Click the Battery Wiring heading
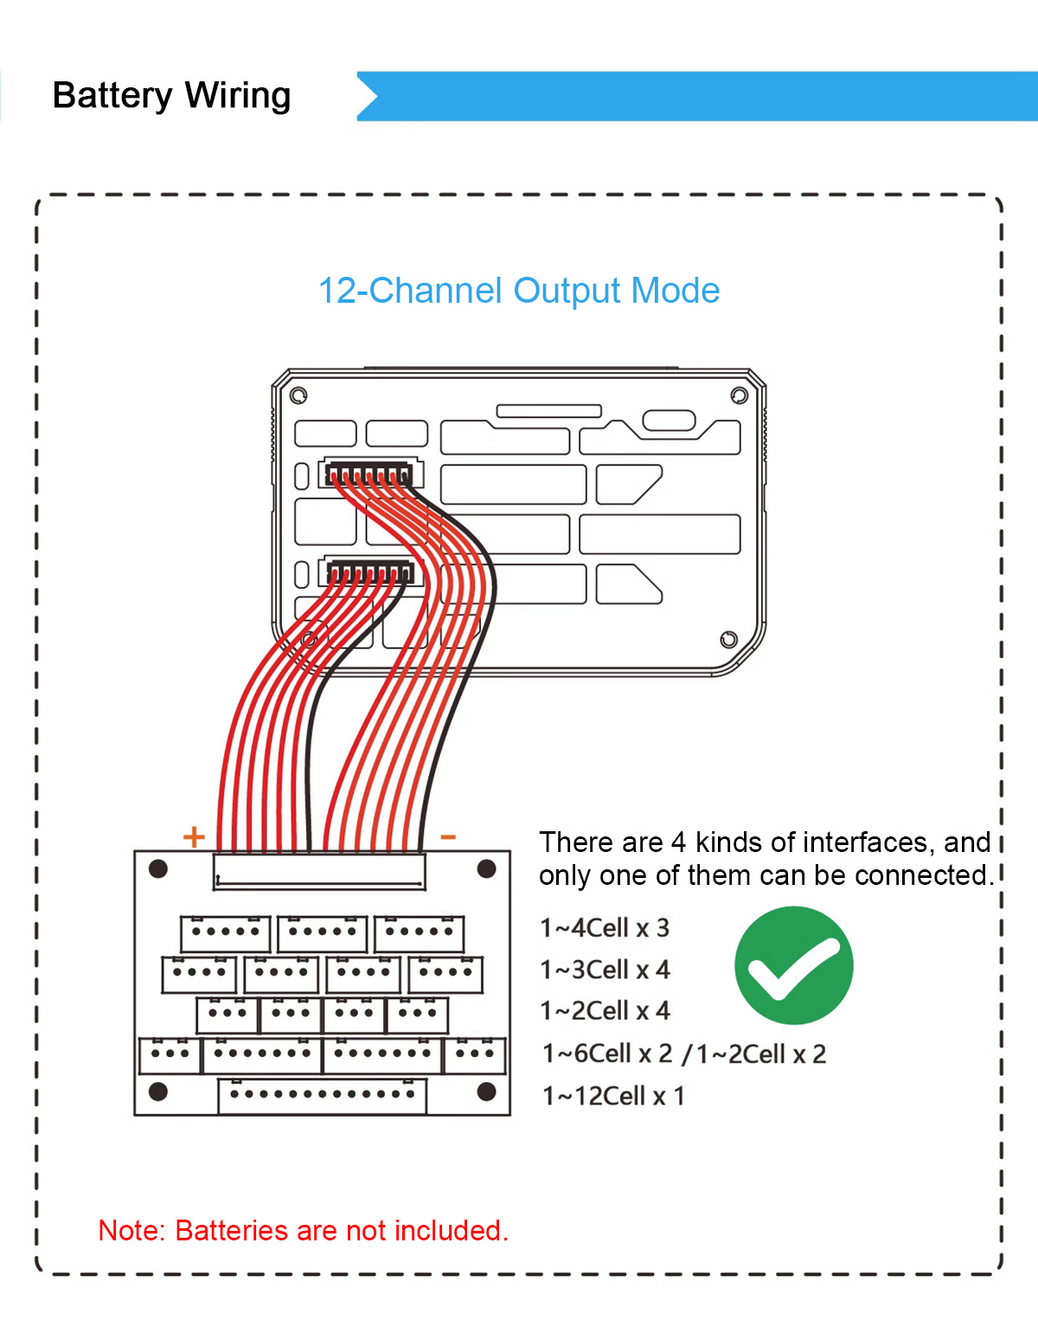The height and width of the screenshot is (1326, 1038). (171, 96)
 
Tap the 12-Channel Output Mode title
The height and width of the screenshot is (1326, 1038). (519, 291)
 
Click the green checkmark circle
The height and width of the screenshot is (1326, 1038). (793, 964)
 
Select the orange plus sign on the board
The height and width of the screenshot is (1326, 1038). (194, 837)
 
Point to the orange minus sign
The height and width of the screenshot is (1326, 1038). (448, 836)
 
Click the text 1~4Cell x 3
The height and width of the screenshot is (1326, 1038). (605, 928)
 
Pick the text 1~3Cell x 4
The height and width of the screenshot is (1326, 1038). (605, 970)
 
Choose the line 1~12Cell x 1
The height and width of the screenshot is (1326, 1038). (613, 1096)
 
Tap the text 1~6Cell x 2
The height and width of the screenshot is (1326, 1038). (607, 1054)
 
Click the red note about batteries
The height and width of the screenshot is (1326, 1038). (304, 1231)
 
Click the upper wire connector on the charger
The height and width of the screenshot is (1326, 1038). (369, 473)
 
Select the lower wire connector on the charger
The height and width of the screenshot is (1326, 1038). (370, 573)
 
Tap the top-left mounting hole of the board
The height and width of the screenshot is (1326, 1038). (158, 868)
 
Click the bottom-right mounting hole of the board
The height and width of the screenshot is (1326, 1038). (486, 1092)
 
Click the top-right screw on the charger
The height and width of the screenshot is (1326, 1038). (739, 395)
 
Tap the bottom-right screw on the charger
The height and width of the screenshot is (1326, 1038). (728, 639)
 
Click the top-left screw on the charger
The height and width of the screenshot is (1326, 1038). (298, 395)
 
